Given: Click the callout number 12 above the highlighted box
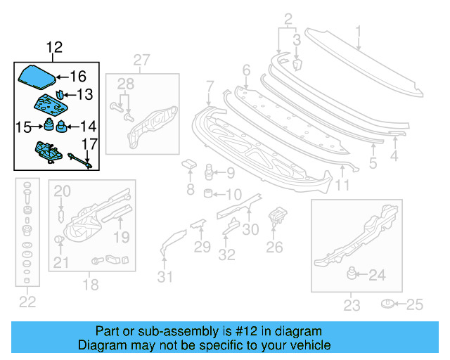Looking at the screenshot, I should tap(54, 48).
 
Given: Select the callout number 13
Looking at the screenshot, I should tap(84, 94).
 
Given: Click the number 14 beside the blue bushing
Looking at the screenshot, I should tap(88, 127).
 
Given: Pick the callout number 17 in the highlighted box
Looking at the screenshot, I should tap(87, 145).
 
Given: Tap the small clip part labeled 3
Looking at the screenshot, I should tap(297, 65).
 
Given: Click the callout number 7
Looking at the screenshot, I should tap(209, 87).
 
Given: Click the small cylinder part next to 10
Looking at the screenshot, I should tap(209, 193).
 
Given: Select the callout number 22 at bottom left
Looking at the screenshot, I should tap(27, 302).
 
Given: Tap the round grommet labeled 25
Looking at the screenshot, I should tap(387, 304).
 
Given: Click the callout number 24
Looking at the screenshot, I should tap(377, 276).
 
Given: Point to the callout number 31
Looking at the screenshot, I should tap(164, 277).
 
